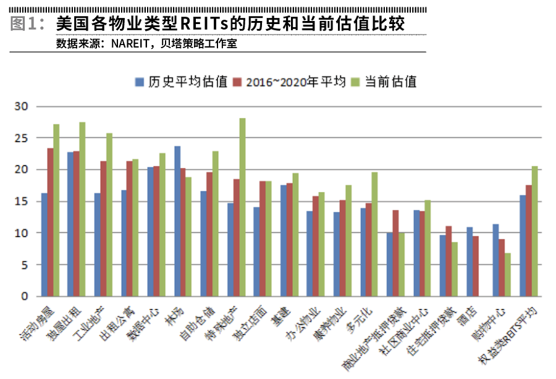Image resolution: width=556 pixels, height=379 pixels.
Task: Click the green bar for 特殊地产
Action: click(242, 207)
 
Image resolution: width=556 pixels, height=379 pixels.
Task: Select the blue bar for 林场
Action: click(177, 221)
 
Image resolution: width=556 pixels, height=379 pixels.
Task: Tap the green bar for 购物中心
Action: click(508, 274)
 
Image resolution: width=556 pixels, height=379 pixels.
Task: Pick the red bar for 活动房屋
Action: click(51, 222)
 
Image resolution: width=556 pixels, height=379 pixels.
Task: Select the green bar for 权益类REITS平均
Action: click(534, 231)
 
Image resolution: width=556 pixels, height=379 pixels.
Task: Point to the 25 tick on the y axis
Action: click(23, 138)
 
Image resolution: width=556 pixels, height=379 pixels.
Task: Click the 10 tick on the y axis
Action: click(23, 233)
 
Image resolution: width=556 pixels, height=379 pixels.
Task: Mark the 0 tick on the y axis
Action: click(25, 296)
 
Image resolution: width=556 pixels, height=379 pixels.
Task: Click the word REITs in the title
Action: click(201, 25)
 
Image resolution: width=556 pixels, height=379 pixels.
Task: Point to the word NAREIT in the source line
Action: click(130, 44)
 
